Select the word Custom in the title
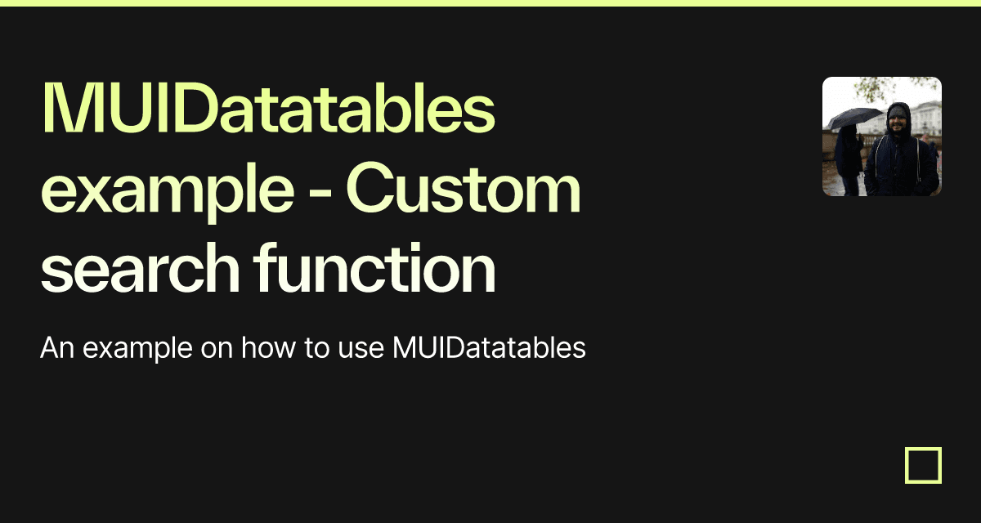[464, 190]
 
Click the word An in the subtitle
[57, 348]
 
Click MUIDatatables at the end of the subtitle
[489, 348]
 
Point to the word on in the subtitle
[216, 349]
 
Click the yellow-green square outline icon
[923, 465]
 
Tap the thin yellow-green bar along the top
[490, 3]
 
